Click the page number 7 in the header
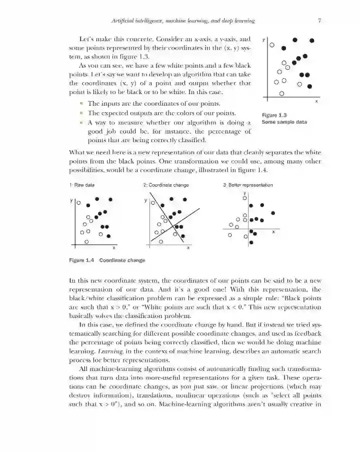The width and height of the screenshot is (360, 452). point(318,21)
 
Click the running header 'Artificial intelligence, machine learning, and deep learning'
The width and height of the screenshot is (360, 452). point(183,21)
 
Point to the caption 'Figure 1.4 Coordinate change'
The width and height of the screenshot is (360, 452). point(107,260)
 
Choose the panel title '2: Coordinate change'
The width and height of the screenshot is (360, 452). point(166,185)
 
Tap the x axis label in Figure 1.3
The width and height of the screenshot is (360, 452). point(316,102)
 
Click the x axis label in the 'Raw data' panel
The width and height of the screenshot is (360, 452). point(114,247)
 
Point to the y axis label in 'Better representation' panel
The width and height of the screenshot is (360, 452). point(244,192)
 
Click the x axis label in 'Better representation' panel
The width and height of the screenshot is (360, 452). point(273,232)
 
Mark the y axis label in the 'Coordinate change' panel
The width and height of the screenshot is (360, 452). point(145,200)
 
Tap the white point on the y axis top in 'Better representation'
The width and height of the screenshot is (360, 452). point(244,198)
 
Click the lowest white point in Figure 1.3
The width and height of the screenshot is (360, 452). point(281,93)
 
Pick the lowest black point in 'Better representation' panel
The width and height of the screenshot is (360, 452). point(250,242)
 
